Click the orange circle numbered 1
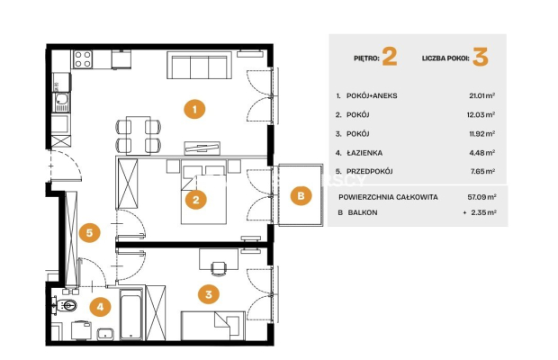tap(194, 109)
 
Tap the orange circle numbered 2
tap(195, 200)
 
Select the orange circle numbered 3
tap(209, 294)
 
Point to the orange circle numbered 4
tap(100, 306)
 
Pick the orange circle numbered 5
tap(89, 232)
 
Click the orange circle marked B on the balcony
tap(301, 195)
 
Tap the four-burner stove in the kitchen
tap(83, 59)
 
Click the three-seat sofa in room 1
tap(199, 65)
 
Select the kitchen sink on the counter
tap(62, 102)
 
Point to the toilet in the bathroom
tap(66, 305)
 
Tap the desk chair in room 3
tap(218, 268)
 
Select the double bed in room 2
tap(203, 192)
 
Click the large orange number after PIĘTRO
tap(390, 57)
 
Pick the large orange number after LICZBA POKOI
tap(481, 57)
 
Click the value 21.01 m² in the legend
tap(482, 95)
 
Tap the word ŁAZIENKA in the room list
tap(364, 153)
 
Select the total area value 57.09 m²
tap(482, 197)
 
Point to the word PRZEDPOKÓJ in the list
tap(369, 171)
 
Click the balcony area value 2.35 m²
tap(483, 212)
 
